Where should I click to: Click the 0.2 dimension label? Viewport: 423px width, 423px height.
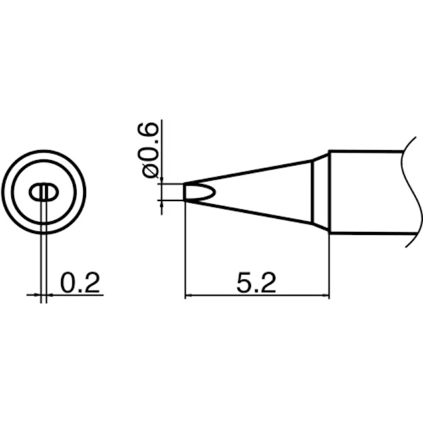tap(80, 282)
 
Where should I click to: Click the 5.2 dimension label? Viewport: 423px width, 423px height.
tap(256, 283)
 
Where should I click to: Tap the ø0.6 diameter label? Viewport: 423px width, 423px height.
tap(147, 150)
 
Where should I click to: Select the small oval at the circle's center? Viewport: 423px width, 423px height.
tap(44, 192)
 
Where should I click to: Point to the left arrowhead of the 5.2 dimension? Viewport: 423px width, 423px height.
tap(188, 295)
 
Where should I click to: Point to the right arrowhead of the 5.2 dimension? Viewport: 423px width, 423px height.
tap(326, 295)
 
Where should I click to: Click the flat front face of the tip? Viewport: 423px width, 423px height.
tap(185, 192)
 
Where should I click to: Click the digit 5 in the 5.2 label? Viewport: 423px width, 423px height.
tap(244, 283)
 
